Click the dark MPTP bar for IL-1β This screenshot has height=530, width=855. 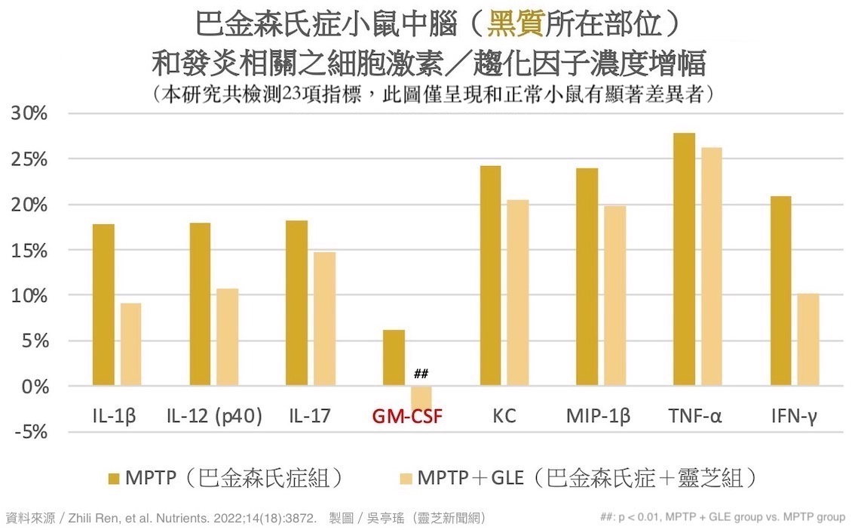click(103, 305)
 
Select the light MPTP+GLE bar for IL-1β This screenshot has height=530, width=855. click(130, 344)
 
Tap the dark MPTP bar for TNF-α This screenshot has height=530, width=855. click(685, 260)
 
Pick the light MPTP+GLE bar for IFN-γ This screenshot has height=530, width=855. click(808, 340)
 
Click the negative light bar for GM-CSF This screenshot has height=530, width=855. click(421, 397)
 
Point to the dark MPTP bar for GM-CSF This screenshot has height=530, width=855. click(394, 358)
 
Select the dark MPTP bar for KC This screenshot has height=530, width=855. click(490, 276)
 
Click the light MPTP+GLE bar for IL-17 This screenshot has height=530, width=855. click(324, 319)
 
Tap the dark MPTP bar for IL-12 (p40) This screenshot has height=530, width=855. click(200, 304)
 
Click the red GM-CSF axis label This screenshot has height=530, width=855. click(407, 416)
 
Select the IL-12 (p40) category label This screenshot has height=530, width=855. click(214, 416)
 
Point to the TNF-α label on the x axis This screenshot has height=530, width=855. click(696, 416)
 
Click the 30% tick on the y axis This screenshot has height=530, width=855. click(29, 114)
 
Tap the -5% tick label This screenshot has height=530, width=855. click(29, 432)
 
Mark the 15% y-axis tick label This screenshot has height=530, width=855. click(29, 250)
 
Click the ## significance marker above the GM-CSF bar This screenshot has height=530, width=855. click(421, 374)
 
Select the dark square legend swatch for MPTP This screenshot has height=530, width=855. click(114, 479)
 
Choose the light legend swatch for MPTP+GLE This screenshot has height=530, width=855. click(406, 479)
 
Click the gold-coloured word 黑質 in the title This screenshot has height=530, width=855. click(515, 25)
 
